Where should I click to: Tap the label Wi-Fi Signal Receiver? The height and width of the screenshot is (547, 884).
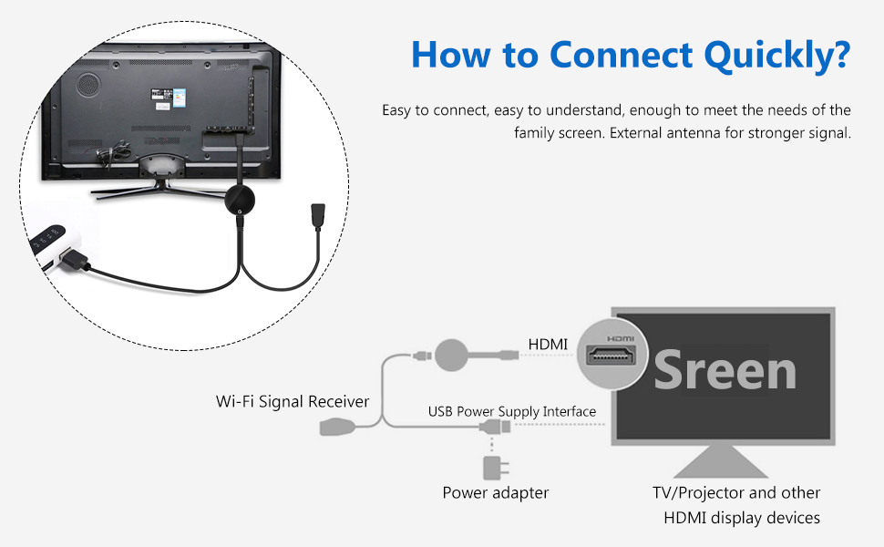293,401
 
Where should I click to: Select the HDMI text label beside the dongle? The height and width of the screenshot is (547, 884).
548,345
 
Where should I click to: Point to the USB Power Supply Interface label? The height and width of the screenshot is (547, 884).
512,411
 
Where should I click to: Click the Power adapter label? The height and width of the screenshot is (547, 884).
495,493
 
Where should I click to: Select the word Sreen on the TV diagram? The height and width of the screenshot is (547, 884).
725,369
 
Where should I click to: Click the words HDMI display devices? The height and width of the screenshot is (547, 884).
742,518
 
